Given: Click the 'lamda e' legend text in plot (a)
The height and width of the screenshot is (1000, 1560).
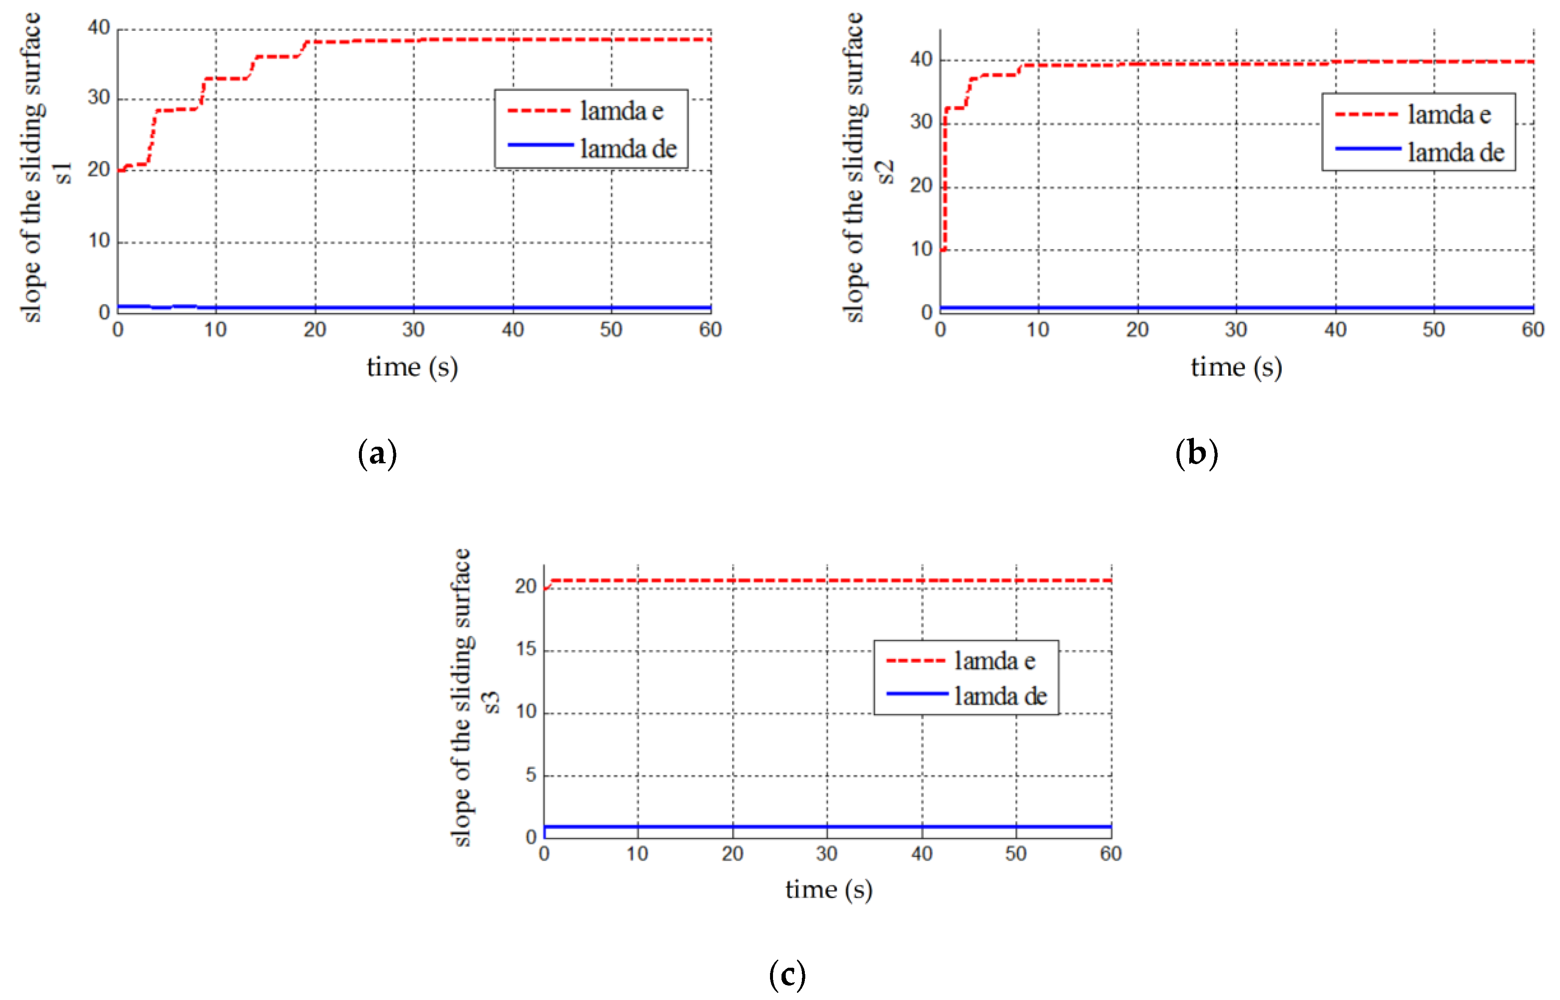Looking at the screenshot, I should point(621,111).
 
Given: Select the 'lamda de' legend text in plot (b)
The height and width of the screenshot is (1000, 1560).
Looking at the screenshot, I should point(1456,152).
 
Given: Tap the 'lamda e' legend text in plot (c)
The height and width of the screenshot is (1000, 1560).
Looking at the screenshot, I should point(994,661).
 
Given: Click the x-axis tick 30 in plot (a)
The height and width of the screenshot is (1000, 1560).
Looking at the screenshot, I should point(413,330).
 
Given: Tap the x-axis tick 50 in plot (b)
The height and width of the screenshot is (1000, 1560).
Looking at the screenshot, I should point(1433,330).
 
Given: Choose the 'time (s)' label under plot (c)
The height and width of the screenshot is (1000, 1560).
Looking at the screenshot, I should point(829,890).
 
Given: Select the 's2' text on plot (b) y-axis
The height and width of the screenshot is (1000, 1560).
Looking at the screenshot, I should point(886,172).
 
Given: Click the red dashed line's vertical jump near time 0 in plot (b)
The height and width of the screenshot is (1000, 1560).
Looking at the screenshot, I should point(944,182).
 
